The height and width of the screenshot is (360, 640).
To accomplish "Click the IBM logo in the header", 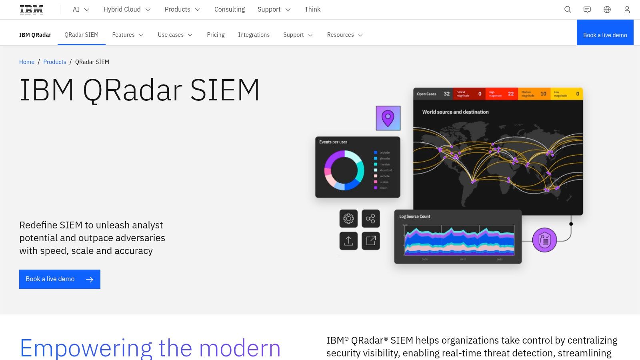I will [x=32, y=10].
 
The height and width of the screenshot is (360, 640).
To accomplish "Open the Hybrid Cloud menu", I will [x=127, y=10].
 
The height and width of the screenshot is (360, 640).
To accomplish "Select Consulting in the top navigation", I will [x=229, y=10].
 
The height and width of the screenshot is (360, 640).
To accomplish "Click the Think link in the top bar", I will [x=312, y=10].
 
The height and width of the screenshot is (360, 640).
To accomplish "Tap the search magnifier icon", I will [x=568, y=10].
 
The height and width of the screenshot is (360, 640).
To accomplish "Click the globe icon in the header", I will [x=607, y=10].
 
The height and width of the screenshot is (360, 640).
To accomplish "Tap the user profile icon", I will [x=627, y=10].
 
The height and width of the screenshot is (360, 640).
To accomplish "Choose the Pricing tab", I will [x=216, y=35].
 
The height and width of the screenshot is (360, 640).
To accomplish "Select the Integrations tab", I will [x=254, y=35].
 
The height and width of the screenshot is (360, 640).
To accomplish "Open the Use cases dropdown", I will [x=175, y=35].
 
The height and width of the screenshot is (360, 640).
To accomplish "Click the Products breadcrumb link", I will [x=55, y=62].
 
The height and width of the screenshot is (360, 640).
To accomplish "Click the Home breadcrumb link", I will [x=27, y=62].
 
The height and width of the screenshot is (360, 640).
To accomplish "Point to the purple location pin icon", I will [x=388, y=118].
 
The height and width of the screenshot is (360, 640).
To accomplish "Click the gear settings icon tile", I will [x=348, y=218].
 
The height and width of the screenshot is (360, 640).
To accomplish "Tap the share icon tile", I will [x=371, y=218].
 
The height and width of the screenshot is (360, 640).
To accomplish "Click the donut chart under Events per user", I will [x=344, y=170].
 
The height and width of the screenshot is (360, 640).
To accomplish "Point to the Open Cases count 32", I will [x=446, y=94].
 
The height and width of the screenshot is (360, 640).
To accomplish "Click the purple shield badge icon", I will [x=544, y=240].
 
